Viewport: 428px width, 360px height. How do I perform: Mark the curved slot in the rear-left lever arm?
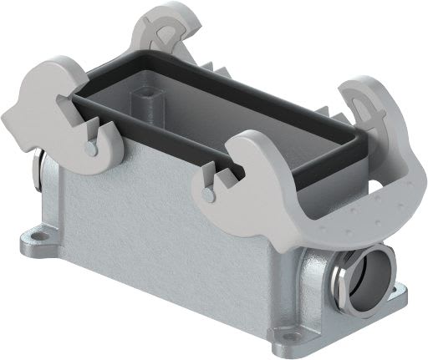(x=171, y=28)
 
